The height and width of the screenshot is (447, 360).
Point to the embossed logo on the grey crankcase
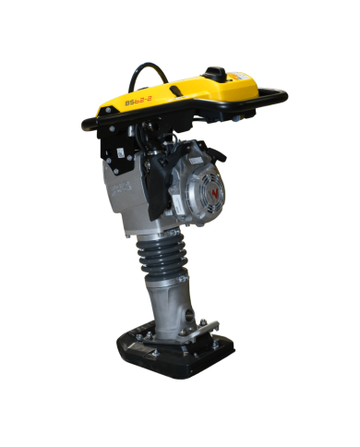(119, 190)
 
